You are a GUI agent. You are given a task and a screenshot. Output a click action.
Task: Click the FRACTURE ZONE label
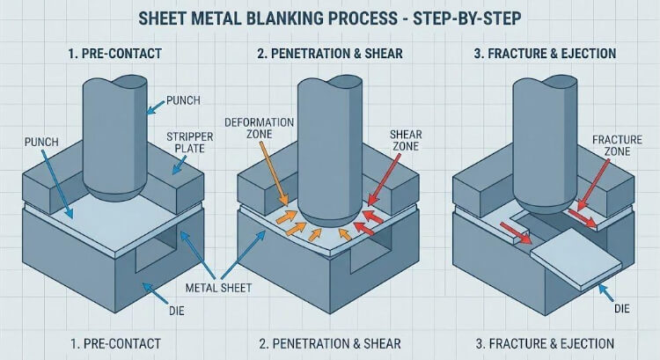(619, 146)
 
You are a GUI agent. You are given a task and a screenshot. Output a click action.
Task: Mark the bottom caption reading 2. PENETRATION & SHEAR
(329, 342)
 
